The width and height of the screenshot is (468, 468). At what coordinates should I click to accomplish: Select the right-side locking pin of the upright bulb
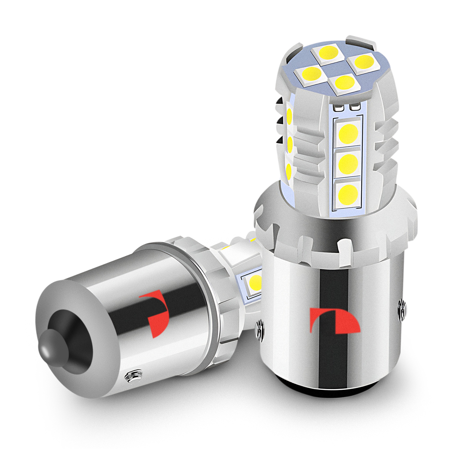(402, 309)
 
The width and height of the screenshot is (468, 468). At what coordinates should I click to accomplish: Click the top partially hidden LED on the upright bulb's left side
(289, 115)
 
